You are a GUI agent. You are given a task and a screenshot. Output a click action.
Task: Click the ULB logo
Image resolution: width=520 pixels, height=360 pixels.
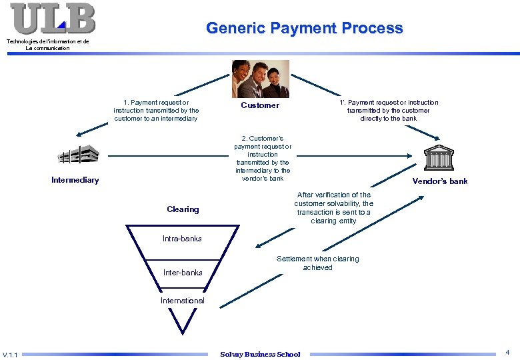53,19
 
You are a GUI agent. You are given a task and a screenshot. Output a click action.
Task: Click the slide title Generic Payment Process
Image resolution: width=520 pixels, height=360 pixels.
304,28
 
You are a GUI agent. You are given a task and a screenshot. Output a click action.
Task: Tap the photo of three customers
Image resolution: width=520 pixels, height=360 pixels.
259,79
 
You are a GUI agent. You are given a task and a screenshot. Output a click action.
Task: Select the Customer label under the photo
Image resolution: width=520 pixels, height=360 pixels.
260,105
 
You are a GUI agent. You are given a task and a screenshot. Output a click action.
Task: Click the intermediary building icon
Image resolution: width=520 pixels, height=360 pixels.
77,155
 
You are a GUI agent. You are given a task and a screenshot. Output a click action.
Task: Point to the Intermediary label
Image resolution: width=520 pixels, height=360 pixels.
75,180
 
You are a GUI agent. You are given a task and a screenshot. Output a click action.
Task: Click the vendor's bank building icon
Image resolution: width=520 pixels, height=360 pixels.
440,159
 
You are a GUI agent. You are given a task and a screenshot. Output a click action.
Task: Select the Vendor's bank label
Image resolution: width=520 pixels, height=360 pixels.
440,181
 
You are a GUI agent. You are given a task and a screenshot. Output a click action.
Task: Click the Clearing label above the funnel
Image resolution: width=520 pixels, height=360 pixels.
183,209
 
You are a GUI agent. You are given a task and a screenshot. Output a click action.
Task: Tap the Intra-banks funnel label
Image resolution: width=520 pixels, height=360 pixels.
182,239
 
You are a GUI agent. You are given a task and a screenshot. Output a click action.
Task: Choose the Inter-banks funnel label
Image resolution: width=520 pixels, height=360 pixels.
183,272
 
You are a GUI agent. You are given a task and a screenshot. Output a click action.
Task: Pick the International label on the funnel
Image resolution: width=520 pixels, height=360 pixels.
183,301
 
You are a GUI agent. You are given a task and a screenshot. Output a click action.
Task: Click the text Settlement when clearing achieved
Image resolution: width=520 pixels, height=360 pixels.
317,263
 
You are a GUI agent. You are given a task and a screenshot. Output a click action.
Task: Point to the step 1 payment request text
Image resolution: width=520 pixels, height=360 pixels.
156,110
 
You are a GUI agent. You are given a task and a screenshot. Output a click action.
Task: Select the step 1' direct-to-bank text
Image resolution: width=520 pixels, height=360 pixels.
389,110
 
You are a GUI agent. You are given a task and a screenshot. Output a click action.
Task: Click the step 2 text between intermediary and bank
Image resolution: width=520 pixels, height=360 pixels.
263,158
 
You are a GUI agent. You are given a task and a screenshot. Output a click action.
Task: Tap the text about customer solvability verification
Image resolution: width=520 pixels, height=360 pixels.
333,208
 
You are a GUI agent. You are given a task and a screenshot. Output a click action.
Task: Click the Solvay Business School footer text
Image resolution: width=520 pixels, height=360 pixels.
260,354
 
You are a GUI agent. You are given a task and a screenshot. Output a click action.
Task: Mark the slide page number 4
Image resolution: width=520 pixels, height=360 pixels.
508,351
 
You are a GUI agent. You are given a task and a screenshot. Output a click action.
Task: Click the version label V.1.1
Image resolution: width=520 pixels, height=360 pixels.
11,354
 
